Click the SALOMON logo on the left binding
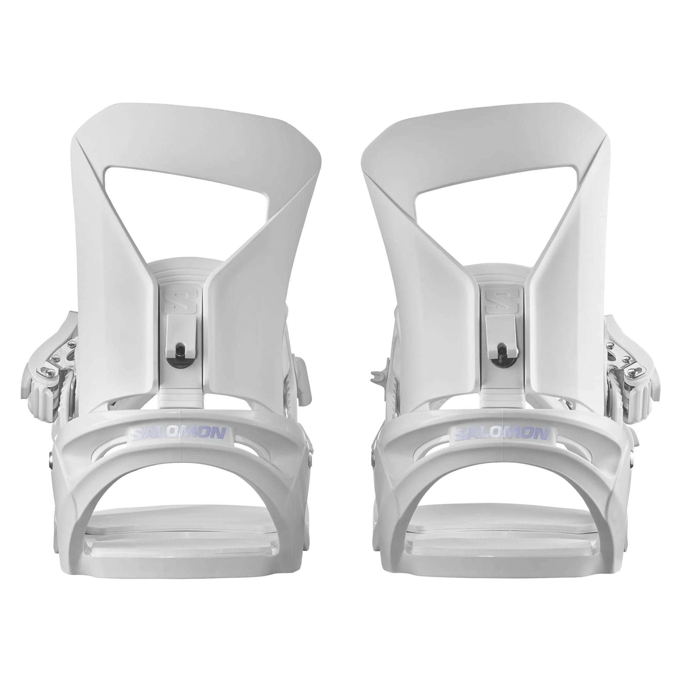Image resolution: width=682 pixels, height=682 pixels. click(178, 434)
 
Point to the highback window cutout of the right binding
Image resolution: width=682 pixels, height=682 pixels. click(494, 198)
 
